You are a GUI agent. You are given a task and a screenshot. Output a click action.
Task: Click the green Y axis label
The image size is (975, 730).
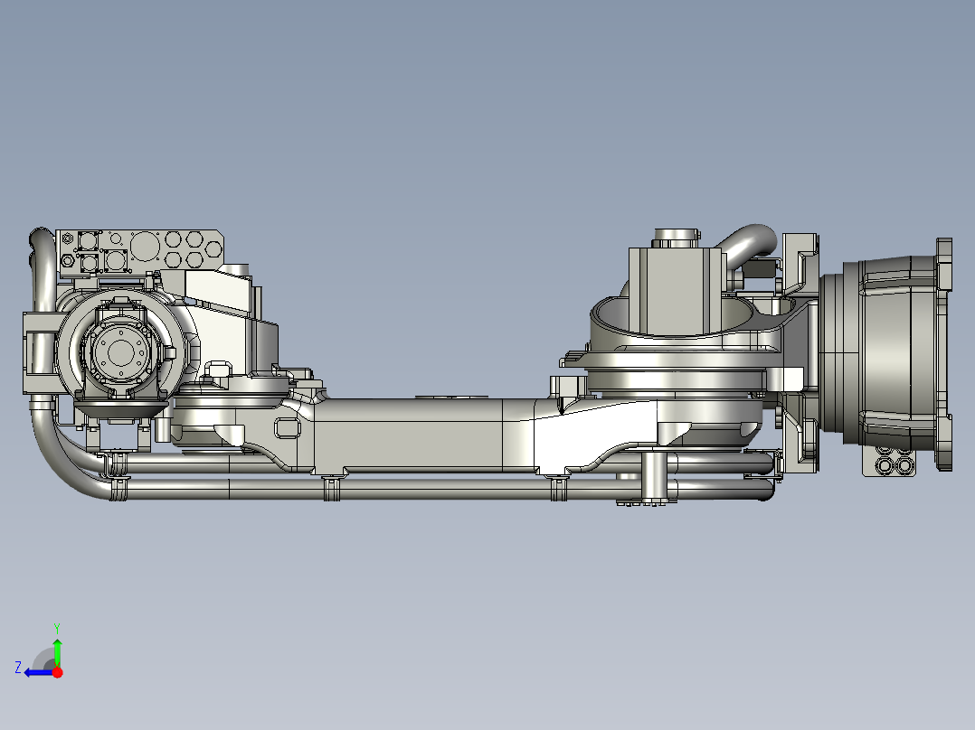[x=56, y=626]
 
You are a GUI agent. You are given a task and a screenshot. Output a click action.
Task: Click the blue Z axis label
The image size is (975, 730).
[x=17, y=667]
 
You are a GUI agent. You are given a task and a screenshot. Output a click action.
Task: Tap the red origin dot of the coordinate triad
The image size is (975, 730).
[x=57, y=672]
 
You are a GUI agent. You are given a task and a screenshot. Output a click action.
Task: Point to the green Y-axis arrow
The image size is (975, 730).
[x=57, y=650]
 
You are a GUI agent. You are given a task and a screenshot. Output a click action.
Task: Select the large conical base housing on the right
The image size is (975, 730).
[x=891, y=352]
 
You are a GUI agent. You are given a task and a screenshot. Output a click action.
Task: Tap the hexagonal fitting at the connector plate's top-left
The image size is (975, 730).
[x=68, y=261]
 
